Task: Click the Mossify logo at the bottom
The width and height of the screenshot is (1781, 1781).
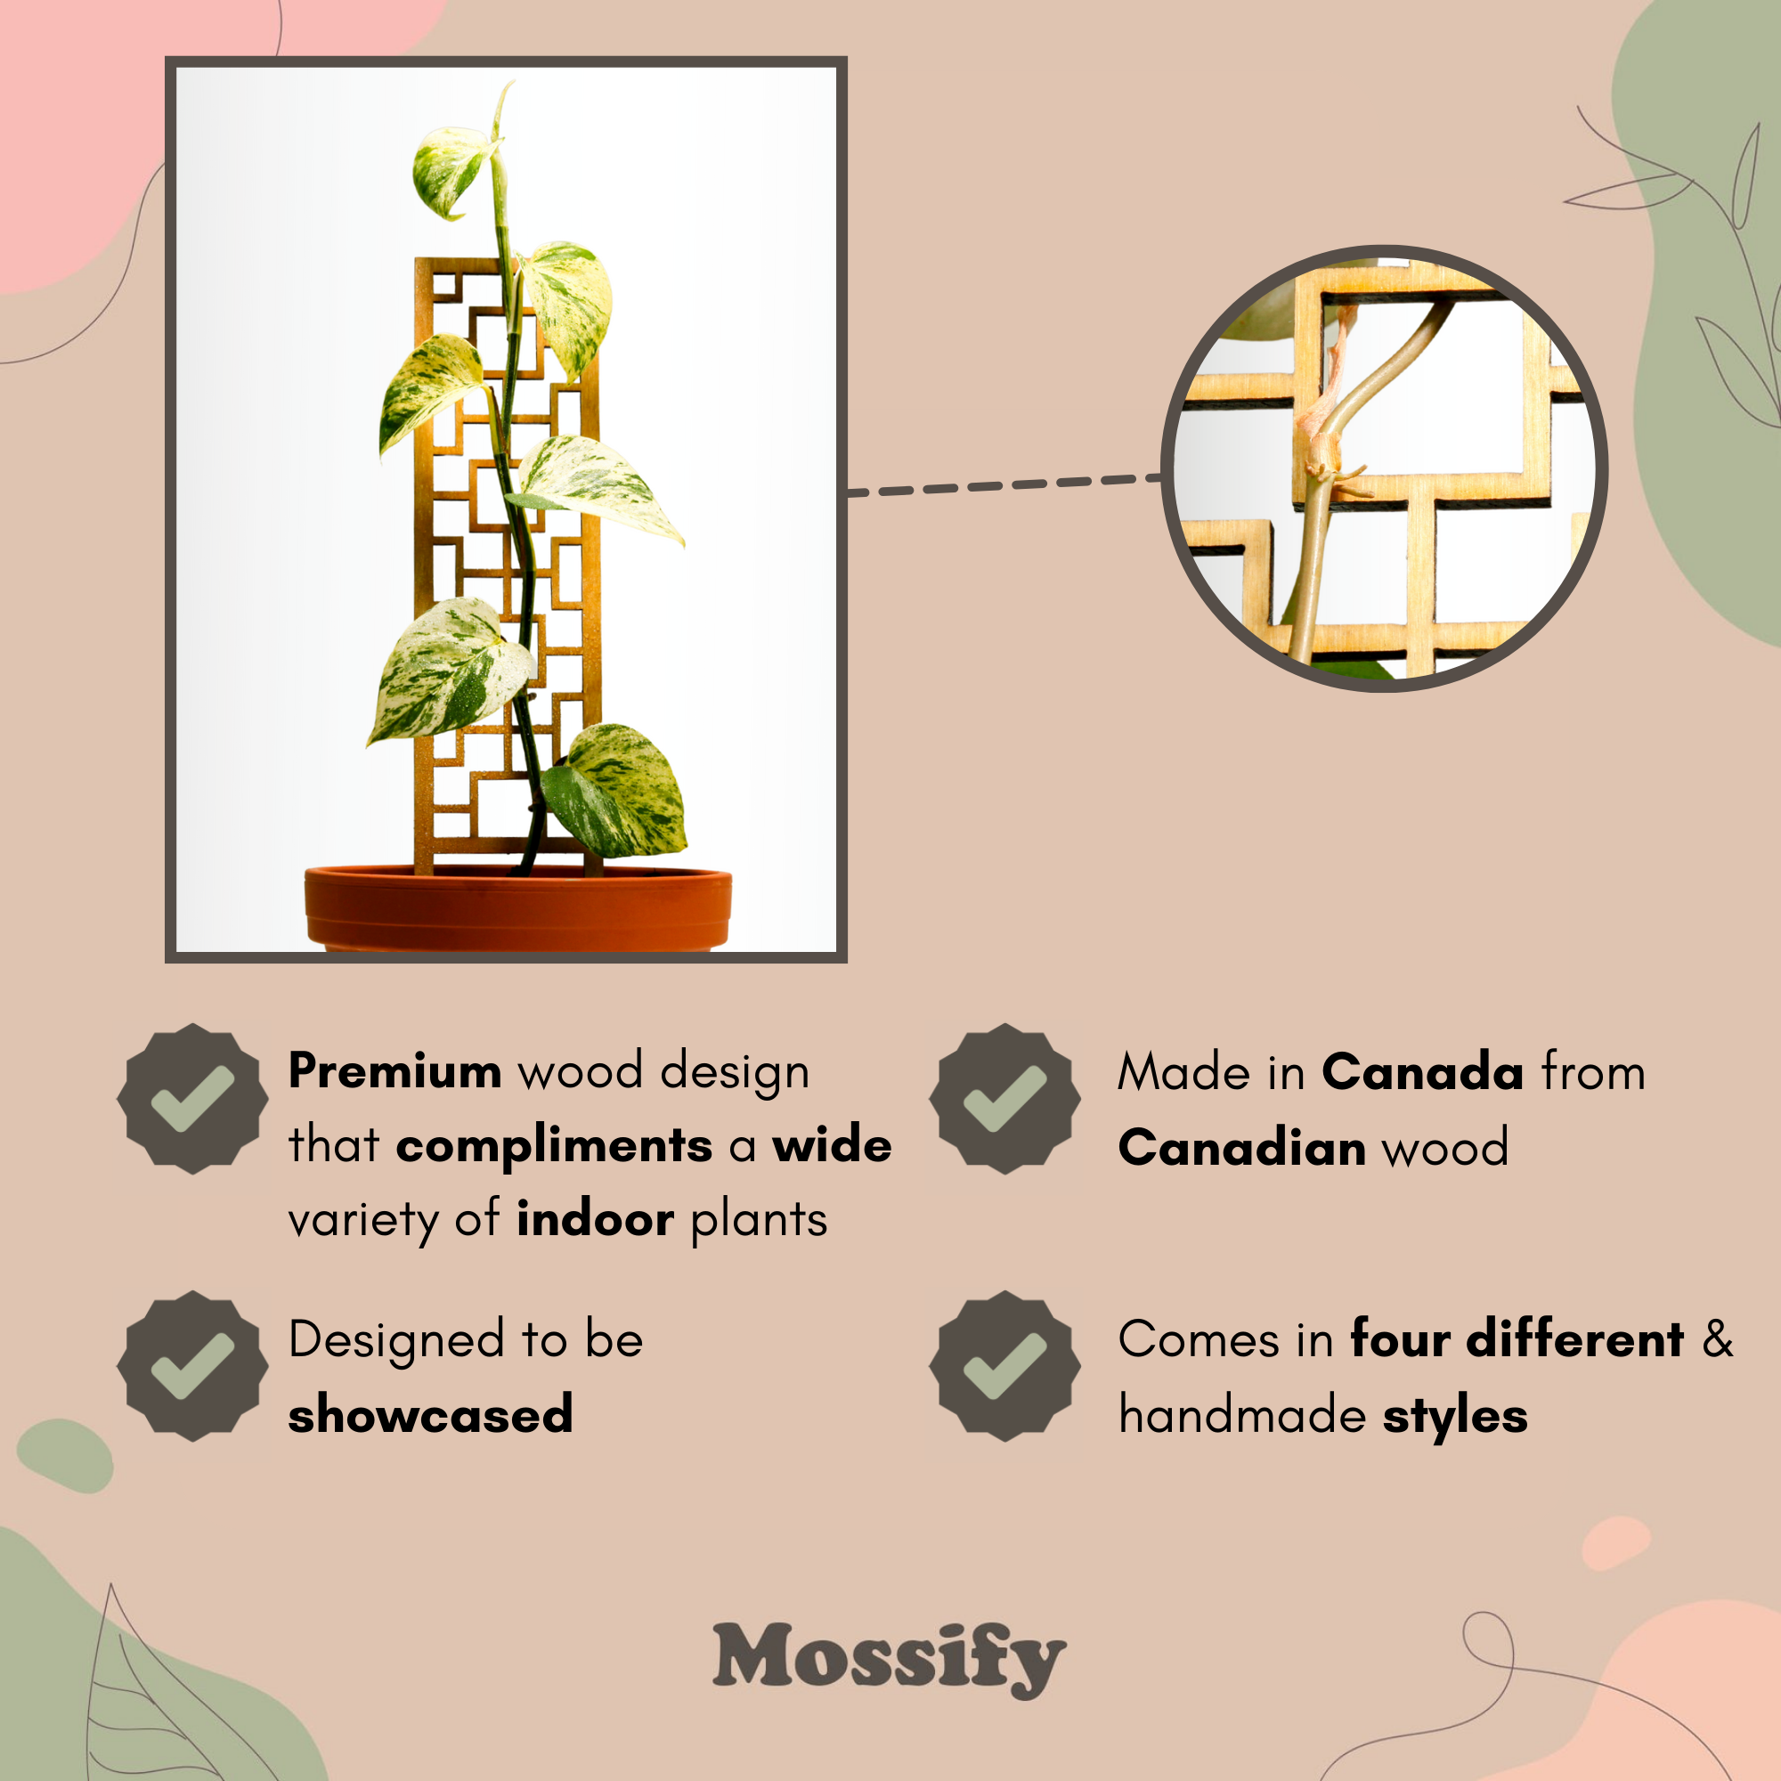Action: point(890,1658)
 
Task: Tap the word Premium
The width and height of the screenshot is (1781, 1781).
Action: point(394,1071)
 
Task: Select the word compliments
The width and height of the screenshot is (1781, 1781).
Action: point(554,1147)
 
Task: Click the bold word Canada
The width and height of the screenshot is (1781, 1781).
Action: point(1422,1072)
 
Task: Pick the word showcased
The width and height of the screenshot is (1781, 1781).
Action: point(430,1414)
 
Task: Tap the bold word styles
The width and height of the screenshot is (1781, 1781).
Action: point(1455,1417)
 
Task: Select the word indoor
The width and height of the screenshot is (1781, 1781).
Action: point(596,1220)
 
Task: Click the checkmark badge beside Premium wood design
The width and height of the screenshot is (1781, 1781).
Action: point(192,1098)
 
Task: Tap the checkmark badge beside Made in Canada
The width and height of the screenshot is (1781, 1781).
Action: point(1004,1098)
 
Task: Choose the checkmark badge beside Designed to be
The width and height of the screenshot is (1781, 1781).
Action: point(192,1365)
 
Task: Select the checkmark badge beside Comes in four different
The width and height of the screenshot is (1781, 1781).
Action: point(1004,1365)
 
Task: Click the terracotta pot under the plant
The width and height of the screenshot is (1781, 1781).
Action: point(518,909)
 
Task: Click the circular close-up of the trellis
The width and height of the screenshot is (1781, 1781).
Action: point(1385,468)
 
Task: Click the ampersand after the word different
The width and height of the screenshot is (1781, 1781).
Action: point(1718,1339)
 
